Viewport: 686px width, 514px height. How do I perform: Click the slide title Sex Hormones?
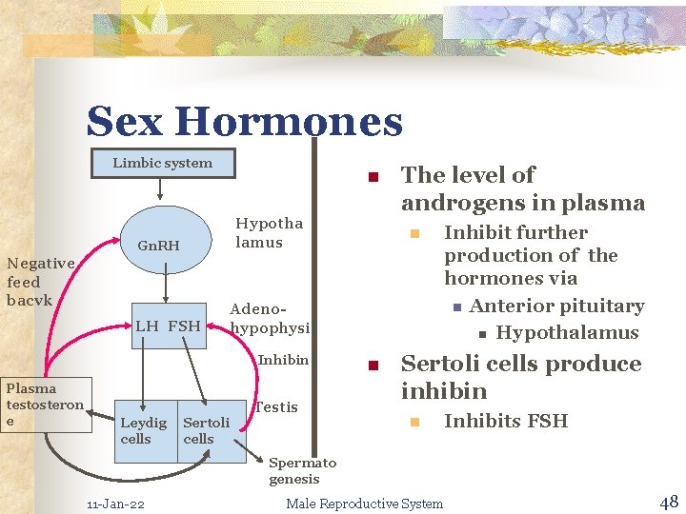(244, 122)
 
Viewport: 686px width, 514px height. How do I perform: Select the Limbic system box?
(163, 163)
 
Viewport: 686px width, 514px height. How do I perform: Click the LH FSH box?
(168, 326)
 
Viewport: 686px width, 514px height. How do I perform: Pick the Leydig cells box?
(143, 430)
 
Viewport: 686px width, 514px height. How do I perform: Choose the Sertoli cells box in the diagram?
(209, 430)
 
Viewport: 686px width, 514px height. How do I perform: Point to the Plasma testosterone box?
(45, 405)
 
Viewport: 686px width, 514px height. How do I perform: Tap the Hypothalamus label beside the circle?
(269, 232)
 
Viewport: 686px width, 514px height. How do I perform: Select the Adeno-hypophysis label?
(270, 318)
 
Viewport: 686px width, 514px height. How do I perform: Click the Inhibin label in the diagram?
(283, 360)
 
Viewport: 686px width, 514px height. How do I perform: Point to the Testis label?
(276, 406)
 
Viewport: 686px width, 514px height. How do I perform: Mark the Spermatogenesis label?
(301, 470)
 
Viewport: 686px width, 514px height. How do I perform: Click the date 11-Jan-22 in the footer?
(115, 504)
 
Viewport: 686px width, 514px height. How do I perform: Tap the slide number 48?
(668, 502)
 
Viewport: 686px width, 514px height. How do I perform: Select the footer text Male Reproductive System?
(364, 504)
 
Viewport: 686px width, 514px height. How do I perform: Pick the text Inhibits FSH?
(505, 421)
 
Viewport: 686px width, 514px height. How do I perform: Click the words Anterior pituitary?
(556, 306)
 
